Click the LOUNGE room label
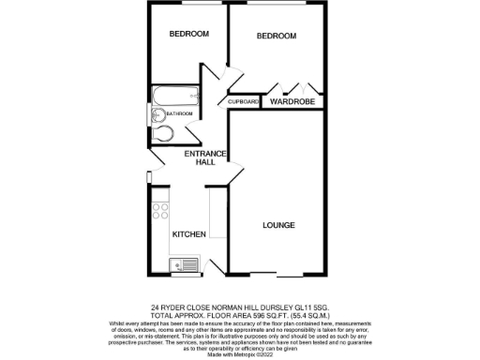(x=279, y=225)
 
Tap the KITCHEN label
(x=188, y=233)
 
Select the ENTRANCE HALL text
(x=201, y=157)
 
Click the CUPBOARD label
(x=243, y=101)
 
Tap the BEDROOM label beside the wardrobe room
(x=277, y=36)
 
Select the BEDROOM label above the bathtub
(x=189, y=34)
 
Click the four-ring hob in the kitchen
(x=160, y=213)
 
